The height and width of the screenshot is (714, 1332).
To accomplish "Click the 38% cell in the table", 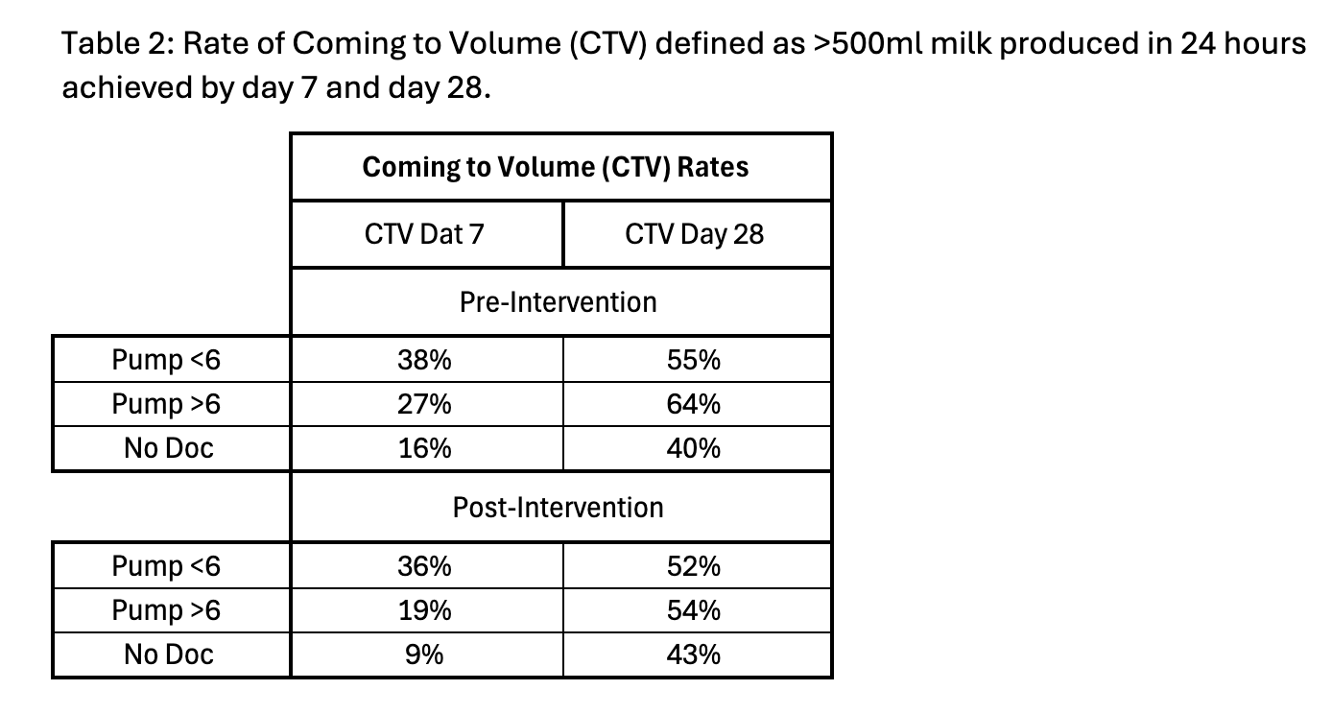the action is tap(424, 360).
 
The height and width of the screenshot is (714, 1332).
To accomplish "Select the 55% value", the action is tap(694, 360).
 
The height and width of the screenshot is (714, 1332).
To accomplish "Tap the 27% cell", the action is tap(424, 404).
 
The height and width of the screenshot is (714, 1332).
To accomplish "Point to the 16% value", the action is tap(424, 448).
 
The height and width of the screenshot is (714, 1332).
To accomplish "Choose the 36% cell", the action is tap(424, 566).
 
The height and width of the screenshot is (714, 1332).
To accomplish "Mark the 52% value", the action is tap(694, 566).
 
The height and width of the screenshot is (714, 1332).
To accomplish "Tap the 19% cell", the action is tap(424, 610).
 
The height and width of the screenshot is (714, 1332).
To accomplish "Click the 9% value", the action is tap(424, 654).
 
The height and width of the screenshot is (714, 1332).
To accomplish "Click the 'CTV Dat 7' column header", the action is tap(424, 234).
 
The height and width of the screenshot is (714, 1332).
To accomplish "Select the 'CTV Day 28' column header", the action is tap(694, 234).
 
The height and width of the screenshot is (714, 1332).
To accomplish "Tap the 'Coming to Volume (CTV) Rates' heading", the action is tap(556, 167).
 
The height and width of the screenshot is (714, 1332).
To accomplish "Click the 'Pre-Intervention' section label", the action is tap(558, 302).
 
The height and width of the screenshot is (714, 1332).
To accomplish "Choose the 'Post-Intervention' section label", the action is tap(558, 508).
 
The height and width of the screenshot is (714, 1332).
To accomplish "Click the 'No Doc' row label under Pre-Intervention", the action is tap(169, 448).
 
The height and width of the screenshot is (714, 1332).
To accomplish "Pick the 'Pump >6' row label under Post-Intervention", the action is tap(167, 610).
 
